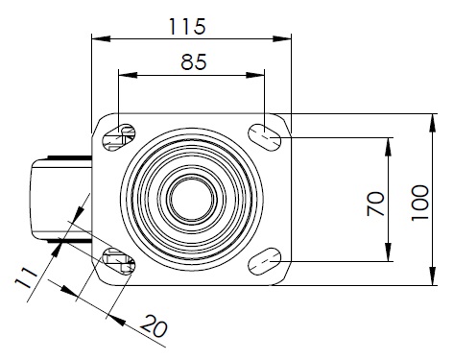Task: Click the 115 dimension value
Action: [x=187, y=27]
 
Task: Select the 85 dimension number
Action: [x=194, y=62]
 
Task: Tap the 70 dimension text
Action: [x=375, y=204]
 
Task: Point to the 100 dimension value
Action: [x=419, y=203]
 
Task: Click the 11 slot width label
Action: [x=27, y=278]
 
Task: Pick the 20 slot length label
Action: [x=155, y=325]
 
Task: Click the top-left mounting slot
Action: [x=118, y=137]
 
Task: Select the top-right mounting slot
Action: [x=265, y=137]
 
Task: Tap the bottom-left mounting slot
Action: [x=118, y=261]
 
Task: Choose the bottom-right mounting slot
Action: [x=265, y=261]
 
